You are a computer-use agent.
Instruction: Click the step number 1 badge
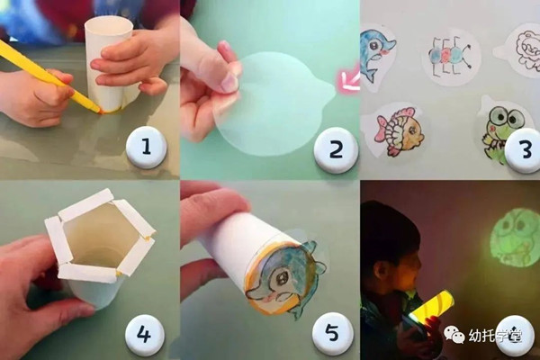pos(146,147)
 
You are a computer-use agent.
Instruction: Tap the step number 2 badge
pos(336,149)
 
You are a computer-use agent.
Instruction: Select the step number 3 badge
pos(524,149)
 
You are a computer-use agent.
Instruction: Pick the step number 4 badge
pos(145,333)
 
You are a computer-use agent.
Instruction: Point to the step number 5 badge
pos(332,333)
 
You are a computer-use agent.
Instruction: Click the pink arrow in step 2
pos(348,82)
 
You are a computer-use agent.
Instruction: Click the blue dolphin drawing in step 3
pos(377,56)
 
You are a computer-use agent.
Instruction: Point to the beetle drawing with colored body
pos(447,55)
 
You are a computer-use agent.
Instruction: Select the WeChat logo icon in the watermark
pos(454,335)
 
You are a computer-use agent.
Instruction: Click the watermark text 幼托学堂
pos(495,335)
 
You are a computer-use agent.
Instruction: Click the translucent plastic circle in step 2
pos(271,103)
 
